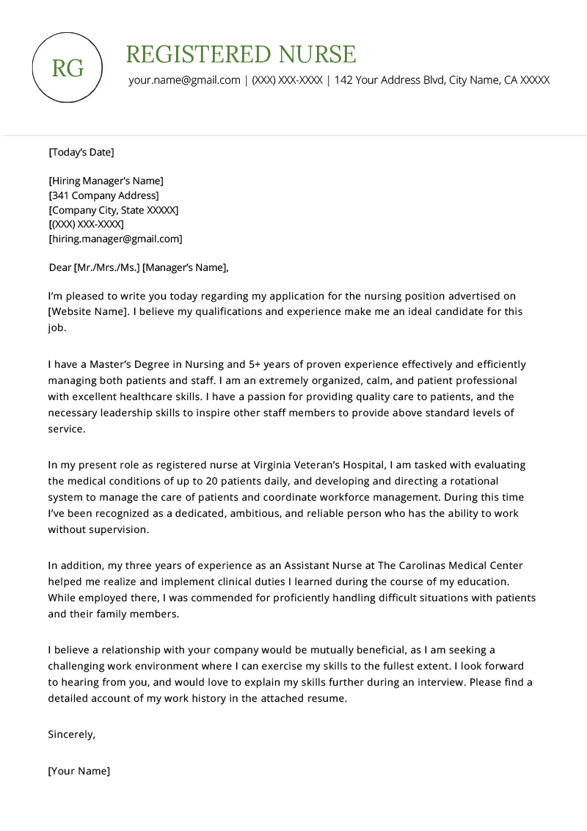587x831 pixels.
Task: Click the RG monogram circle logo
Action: [68, 68]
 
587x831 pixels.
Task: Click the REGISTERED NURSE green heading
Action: [241, 54]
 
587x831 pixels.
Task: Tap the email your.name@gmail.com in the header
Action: [184, 80]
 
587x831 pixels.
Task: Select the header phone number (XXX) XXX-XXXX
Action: [287, 80]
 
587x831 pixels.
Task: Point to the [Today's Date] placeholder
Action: [81, 153]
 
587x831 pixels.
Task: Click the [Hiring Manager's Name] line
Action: [106, 181]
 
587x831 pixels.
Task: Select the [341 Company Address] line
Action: [103, 195]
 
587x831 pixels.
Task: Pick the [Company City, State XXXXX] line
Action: [113, 210]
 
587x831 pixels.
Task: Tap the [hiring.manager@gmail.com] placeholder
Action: [115, 239]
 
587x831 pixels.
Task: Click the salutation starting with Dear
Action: [139, 267]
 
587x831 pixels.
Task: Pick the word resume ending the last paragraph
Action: [326, 699]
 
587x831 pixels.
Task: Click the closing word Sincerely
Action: [71, 734]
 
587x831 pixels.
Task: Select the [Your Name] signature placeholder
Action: [79, 771]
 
